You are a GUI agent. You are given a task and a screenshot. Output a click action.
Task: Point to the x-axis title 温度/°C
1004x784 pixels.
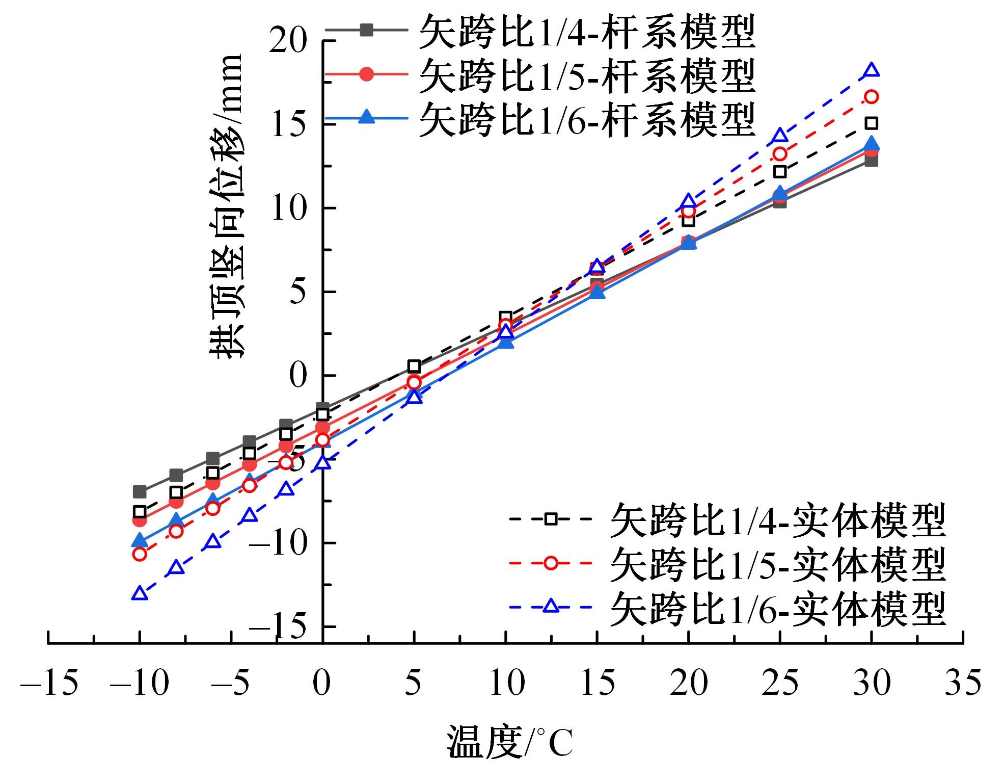(x=510, y=743)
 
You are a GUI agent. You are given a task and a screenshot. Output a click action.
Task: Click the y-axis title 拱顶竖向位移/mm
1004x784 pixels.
(x=226, y=206)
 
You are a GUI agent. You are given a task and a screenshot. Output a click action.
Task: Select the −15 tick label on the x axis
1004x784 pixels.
(x=49, y=683)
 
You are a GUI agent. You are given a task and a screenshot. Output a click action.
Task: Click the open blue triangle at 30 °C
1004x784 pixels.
(x=872, y=70)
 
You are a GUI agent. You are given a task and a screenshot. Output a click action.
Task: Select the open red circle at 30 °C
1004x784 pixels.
(x=872, y=97)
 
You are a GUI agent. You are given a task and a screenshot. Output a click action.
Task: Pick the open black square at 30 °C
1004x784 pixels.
(x=872, y=123)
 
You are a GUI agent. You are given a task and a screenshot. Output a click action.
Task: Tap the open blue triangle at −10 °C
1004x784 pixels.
(x=140, y=593)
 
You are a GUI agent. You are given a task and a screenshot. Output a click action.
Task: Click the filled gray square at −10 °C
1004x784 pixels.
(x=140, y=492)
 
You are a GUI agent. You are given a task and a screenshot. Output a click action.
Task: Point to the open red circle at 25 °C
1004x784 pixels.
(x=780, y=153)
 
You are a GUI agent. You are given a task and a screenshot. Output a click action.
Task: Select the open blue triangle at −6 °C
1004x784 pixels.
(x=213, y=541)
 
